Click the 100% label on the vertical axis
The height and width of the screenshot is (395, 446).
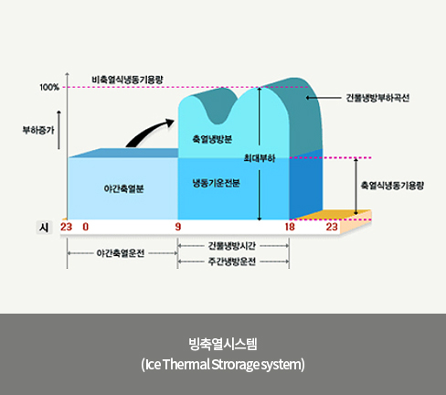click(x=49, y=87)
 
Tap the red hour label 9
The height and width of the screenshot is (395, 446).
click(x=178, y=227)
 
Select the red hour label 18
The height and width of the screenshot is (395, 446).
click(x=290, y=227)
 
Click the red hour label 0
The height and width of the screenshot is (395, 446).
click(x=86, y=227)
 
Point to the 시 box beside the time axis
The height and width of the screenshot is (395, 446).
click(x=44, y=228)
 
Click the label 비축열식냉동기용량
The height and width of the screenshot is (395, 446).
click(x=127, y=80)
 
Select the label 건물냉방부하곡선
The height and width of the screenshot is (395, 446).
click(x=377, y=98)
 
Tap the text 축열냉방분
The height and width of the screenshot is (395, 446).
click(x=212, y=139)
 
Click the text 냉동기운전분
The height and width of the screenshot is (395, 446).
click(x=216, y=183)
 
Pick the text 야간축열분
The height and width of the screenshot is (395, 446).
click(x=123, y=188)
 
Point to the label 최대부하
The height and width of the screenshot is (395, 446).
click(x=260, y=158)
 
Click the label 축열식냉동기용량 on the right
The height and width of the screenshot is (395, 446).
click(x=392, y=186)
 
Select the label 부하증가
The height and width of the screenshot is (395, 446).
click(x=38, y=130)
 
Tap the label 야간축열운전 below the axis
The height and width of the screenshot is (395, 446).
click(x=121, y=253)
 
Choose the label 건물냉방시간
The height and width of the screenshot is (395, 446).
click(x=232, y=246)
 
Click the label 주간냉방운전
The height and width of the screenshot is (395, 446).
click(x=232, y=262)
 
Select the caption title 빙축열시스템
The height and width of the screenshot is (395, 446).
click(x=223, y=344)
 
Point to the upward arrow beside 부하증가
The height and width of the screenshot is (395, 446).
click(x=59, y=130)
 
